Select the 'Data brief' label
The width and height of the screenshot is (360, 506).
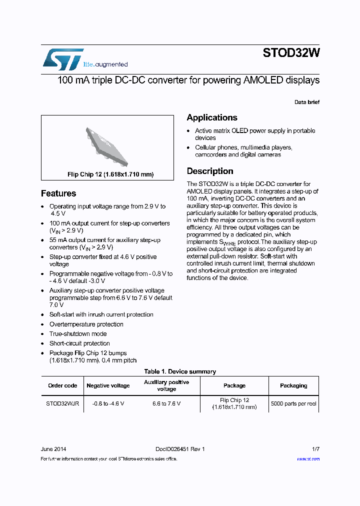click(x=306, y=102)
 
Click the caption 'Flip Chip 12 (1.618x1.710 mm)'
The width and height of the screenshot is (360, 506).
click(x=110, y=174)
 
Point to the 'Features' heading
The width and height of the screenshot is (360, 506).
click(x=58, y=193)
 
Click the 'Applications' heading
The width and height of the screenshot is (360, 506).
click(x=212, y=117)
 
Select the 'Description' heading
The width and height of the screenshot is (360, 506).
click(x=210, y=171)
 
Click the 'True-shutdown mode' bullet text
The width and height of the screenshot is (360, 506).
click(x=78, y=333)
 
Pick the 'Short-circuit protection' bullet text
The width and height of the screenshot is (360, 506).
click(x=79, y=343)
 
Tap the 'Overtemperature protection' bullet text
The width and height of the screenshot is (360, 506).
click(x=86, y=324)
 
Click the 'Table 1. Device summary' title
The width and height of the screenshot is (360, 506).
click(x=180, y=371)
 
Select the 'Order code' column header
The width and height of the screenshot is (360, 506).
click(x=62, y=385)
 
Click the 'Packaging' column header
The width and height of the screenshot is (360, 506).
click(x=293, y=385)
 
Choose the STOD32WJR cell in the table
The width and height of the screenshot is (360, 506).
click(x=62, y=403)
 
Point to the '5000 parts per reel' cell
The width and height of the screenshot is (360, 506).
click(x=293, y=403)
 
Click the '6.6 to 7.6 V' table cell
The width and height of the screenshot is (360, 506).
click(x=166, y=403)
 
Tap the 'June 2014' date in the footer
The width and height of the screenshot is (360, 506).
click(x=53, y=449)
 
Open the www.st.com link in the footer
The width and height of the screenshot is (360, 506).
click(x=308, y=459)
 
